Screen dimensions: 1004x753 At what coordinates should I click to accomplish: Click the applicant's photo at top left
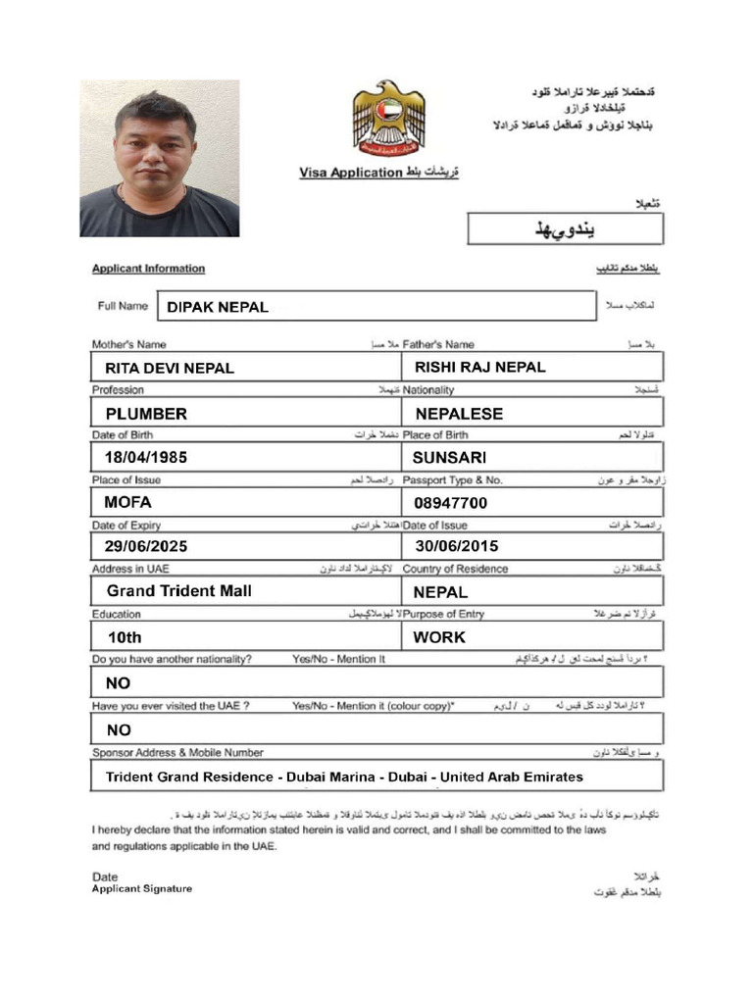coord(160,159)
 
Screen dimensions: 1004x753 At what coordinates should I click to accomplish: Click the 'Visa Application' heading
coord(350,173)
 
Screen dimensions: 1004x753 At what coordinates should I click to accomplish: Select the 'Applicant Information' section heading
coord(148,269)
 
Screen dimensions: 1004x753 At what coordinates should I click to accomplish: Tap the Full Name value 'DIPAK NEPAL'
coord(218,307)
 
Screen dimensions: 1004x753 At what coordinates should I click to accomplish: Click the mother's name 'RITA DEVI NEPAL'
coord(170,369)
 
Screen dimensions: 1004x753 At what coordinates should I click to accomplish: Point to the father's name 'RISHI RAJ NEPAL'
coord(480,368)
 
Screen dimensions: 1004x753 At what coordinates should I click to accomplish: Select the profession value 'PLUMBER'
coord(146,414)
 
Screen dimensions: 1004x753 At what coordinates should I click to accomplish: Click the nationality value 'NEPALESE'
coord(459,414)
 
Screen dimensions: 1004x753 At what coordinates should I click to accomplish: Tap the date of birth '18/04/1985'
coord(146,458)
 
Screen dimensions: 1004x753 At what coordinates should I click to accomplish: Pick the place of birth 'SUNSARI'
coord(449,458)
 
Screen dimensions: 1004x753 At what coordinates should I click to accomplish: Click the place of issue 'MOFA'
coord(128,503)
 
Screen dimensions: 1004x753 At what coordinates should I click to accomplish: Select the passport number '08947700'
coord(451,503)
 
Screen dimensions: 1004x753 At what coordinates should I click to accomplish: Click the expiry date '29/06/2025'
coord(146,546)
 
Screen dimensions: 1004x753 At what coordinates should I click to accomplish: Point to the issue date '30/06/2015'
coord(457,546)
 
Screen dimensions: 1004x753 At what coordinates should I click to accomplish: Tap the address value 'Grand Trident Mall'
coord(179,591)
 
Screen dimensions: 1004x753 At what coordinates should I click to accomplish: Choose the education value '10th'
coord(125,637)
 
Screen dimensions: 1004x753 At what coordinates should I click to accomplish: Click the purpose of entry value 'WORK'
coord(439,637)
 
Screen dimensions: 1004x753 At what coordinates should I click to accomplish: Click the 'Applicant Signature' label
coord(142,889)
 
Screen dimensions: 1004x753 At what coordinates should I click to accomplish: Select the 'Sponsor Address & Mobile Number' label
coord(177,753)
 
